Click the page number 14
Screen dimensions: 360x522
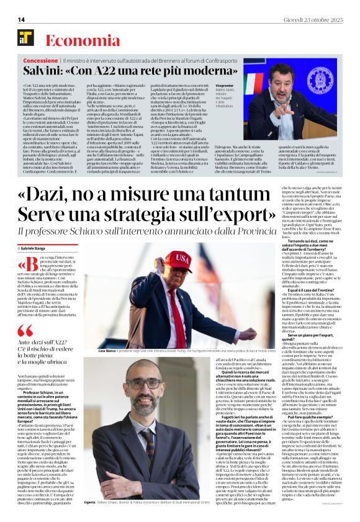tap(21, 19)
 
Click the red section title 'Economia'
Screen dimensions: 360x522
tap(74, 40)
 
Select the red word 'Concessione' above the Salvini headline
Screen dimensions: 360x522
tap(41, 61)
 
